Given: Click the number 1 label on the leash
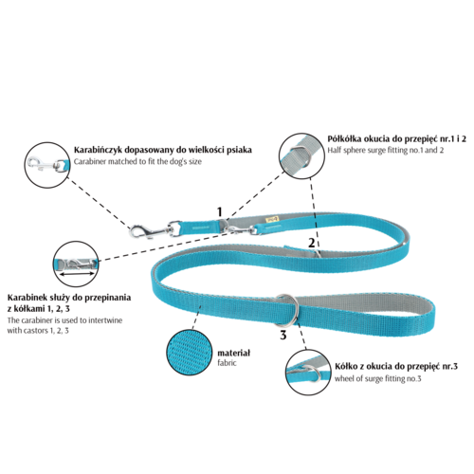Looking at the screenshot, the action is pos(220,211).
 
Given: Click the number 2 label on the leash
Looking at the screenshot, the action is pos(312,243).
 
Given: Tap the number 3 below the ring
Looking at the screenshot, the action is pos(283,335).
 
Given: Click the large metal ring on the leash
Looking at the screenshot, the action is pos(287,310).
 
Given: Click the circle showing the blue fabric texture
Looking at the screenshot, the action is pos(190,353).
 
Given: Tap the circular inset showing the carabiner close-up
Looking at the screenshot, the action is pos(46,165).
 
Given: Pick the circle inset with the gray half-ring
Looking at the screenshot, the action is pos(301,156).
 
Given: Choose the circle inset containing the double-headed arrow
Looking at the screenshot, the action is pos(76,264).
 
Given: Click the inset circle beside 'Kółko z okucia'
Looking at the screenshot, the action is pos(309,373).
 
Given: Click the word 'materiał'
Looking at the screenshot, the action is pos(233,353).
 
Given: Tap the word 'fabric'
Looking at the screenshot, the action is pos(227,363).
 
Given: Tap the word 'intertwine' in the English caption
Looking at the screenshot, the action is pos(105,320).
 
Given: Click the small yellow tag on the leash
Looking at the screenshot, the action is pos(272,220).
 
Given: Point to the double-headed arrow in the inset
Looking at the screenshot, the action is pos(77,274).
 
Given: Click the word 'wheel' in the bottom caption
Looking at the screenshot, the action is pos(343,378).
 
